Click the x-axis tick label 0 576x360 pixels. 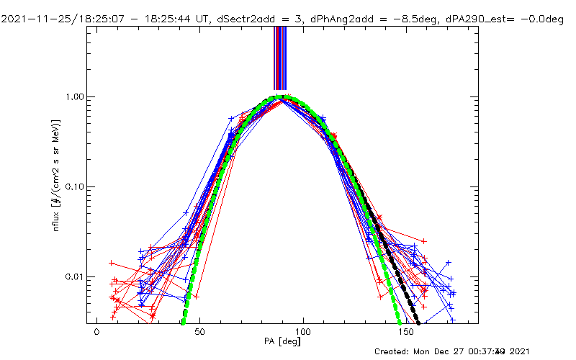pos(96,335)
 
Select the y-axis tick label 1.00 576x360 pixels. pos(74,96)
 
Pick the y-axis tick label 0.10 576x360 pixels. pos(74,186)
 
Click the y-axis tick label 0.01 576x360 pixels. pos(74,276)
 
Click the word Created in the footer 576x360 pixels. pos(392,351)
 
